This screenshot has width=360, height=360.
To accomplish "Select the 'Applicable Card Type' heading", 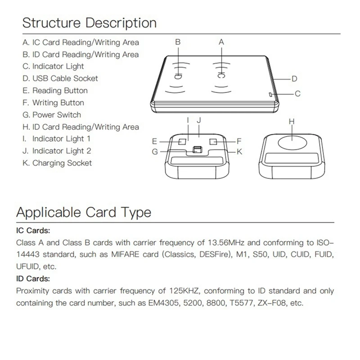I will click(x=84, y=212).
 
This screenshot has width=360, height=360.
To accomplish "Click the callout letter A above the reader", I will click(x=221, y=42).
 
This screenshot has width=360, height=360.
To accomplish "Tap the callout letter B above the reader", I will click(x=178, y=42).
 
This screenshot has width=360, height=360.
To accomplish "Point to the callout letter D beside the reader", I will click(x=294, y=79).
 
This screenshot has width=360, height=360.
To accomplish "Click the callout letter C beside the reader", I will click(x=297, y=94).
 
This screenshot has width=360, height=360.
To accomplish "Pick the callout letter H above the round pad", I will click(x=291, y=121).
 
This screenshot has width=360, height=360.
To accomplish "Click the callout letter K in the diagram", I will click(x=239, y=152).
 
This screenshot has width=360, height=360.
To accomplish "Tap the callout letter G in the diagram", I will click(x=155, y=152).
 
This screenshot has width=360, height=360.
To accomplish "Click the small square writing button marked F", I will click(x=213, y=141).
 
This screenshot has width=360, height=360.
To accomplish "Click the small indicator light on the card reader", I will click(x=269, y=94).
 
